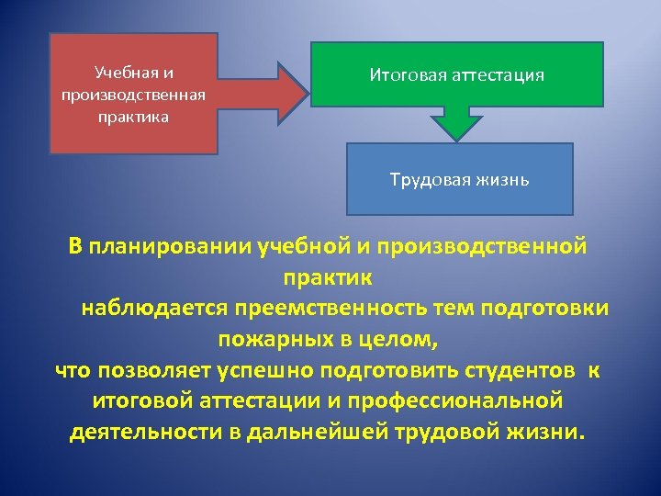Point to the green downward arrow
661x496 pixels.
pyautogui.click(x=457, y=123)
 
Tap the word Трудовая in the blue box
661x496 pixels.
pyautogui.click(x=428, y=178)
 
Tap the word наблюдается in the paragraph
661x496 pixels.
pyautogui.click(x=154, y=307)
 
